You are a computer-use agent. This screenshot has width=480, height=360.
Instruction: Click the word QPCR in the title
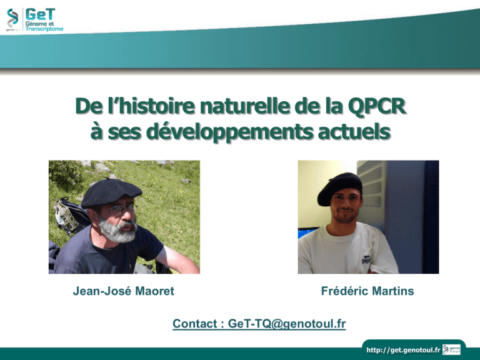(377, 107)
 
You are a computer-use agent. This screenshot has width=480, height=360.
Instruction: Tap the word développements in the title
(230, 132)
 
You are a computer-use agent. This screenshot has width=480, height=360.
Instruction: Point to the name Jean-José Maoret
(123, 291)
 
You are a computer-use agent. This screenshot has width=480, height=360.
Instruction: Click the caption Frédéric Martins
(367, 291)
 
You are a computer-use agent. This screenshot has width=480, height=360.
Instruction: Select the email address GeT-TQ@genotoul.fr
(287, 324)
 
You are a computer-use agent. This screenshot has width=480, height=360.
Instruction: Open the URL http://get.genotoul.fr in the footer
(403, 350)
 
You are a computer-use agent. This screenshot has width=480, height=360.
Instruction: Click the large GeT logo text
(40, 14)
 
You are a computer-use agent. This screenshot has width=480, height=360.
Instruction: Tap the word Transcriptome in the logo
(44, 29)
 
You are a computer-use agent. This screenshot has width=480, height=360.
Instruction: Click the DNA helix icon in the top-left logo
(12, 17)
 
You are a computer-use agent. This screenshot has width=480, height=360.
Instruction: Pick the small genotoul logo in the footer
(451, 349)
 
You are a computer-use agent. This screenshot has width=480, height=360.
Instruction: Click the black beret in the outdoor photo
(111, 192)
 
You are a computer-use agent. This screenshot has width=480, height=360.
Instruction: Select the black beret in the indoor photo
(340, 188)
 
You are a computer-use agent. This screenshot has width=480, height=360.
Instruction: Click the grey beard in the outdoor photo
(118, 231)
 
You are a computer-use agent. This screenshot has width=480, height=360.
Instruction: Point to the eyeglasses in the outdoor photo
(122, 209)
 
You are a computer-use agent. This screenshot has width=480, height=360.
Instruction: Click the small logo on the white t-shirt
(366, 259)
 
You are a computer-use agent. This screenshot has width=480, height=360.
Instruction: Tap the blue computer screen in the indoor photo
(307, 232)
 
